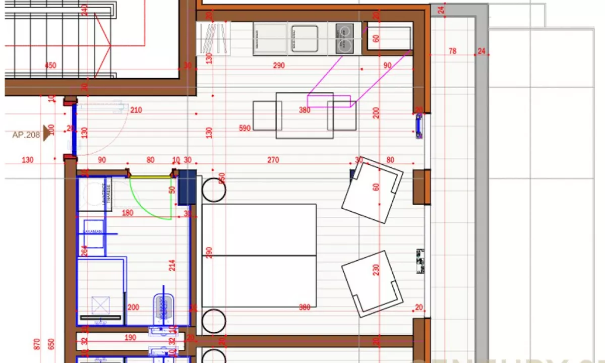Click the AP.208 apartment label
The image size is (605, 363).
(x=26, y=135)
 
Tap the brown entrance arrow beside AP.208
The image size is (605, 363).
(x=47, y=134)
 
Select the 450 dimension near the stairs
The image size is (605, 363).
(x=50, y=66)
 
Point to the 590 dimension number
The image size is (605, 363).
(x=245, y=129)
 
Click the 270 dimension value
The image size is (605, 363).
(x=273, y=160)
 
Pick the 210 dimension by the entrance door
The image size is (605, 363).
(x=136, y=110)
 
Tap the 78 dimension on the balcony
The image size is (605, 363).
(x=452, y=51)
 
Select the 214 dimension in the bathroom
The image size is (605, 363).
(x=172, y=266)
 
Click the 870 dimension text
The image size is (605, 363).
(x=36, y=344)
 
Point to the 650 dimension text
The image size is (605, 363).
(x=50, y=344)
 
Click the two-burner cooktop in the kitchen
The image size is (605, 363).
(x=344, y=38)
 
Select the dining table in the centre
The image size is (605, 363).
(x=305, y=115)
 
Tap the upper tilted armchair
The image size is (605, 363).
(x=372, y=190)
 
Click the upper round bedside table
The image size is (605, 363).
(x=214, y=189)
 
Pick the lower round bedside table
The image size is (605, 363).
(x=214, y=320)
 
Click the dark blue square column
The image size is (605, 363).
(x=187, y=187)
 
